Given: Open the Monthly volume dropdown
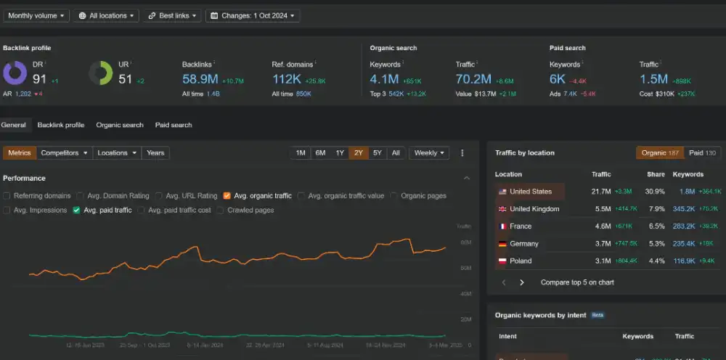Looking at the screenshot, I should tap(37, 15).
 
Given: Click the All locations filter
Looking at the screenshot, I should tap(106, 15).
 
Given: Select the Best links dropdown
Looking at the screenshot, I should tap(172, 15).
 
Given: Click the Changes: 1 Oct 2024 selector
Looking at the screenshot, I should tap(253, 15).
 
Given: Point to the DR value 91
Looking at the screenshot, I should tap(39, 78).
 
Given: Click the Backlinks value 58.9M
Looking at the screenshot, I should tap(200, 78).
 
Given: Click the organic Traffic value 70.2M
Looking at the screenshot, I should tap(474, 78).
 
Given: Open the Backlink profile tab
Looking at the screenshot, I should tap(61, 125).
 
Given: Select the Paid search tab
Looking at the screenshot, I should tap(174, 125).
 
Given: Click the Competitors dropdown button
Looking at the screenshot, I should tap(65, 153).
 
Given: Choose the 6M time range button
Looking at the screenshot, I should tap(320, 153).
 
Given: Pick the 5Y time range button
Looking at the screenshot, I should tap(377, 153).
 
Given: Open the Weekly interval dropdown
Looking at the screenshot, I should tap(429, 153).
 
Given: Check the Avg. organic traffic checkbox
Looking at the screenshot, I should tap(227, 196).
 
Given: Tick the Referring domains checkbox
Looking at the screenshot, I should tap(7, 196).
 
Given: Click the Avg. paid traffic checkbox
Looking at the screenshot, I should tap(76, 210).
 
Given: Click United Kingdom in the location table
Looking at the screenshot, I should tap(534, 209).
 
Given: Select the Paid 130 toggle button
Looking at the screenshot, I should tap(702, 153).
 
